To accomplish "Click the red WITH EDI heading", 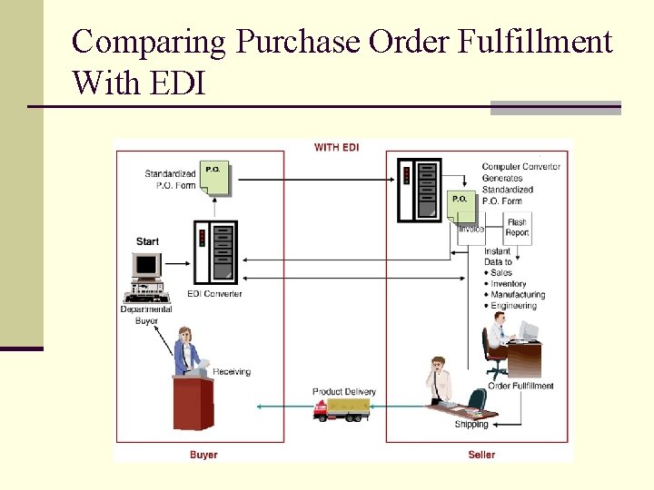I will click(x=336, y=147).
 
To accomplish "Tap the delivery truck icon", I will click(x=342, y=409).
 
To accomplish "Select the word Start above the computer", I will click(x=147, y=241).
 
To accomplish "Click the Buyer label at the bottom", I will click(x=203, y=454).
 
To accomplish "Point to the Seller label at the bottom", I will click(x=481, y=454).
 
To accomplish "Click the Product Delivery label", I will click(x=343, y=392).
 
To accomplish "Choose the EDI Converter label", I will click(x=214, y=294).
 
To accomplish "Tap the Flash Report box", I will click(x=517, y=228).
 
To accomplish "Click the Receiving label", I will click(x=233, y=371).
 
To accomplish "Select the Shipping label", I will click(x=471, y=424).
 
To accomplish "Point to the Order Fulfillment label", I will click(x=520, y=386).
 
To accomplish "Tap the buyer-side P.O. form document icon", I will click(x=215, y=178).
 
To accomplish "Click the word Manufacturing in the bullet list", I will click(x=518, y=295).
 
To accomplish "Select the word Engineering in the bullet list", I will click(x=513, y=306).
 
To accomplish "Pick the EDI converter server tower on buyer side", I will click(x=215, y=252).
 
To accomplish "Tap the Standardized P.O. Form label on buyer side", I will click(x=170, y=180).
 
